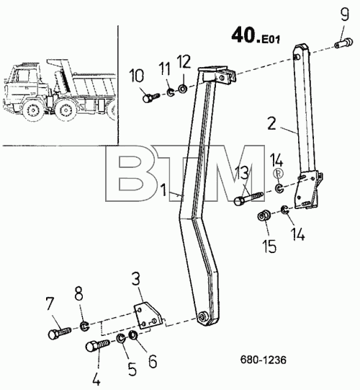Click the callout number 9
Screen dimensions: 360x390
coord(345,14)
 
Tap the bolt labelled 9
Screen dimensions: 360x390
coord(343,43)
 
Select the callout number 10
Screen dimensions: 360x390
coord(137,76)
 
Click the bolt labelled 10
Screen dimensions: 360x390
coord(151,97)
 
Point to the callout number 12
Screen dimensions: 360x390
coord(184,61)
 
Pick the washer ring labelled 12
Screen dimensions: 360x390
coord(183,88)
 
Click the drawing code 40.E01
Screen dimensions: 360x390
coord(256,36)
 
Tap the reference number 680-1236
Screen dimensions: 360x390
coord(263,360)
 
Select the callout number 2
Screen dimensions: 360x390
coord(271,123)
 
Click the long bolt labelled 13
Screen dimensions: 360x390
coord(248,198)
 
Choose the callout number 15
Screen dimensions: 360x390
coord(269,247)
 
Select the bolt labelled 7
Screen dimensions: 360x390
coord(60,333)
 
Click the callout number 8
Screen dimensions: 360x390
coord(79,295)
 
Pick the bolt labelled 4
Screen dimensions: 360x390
coord(97,346)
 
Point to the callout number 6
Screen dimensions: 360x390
coord(153,361)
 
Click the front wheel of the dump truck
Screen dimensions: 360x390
coord(32,111)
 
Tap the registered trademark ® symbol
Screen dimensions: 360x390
coord(278,173)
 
